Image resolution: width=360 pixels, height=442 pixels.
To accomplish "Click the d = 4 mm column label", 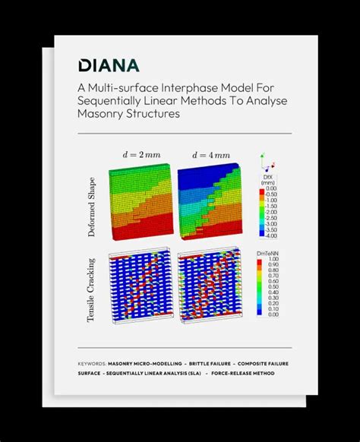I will click(x=210, y=155).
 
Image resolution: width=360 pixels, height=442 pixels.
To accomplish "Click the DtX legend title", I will click(x=267, y=180).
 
